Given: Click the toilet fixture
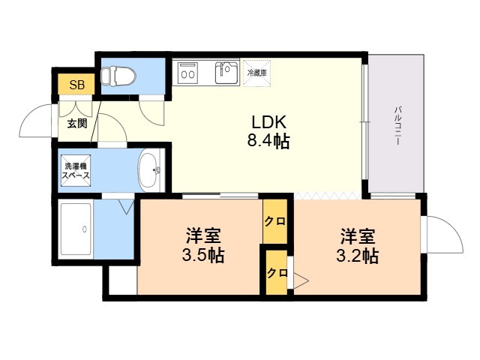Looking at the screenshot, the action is tap(118, 76).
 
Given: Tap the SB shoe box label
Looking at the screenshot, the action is tap(76, 85).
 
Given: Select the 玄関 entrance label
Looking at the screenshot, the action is tap(77, 124).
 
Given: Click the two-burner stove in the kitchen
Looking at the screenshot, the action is tap(187, 71).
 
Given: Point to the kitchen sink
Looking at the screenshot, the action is tap(226, 73).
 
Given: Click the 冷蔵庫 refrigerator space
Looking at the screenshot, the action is tap(256, 73).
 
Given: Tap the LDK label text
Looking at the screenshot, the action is tap(268, 122).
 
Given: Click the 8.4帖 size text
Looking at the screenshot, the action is tap(268, 142).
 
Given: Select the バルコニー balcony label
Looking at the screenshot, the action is tap(397, 125).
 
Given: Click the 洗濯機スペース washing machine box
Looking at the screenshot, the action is tap(76, 170).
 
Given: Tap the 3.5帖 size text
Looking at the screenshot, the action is tap(203, 255).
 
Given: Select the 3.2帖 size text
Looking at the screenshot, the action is tap(357, 256).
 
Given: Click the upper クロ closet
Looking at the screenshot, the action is tap(275, 221).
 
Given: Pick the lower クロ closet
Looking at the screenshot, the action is tap(277, 272).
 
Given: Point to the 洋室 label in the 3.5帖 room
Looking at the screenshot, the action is tap(203, 235).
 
